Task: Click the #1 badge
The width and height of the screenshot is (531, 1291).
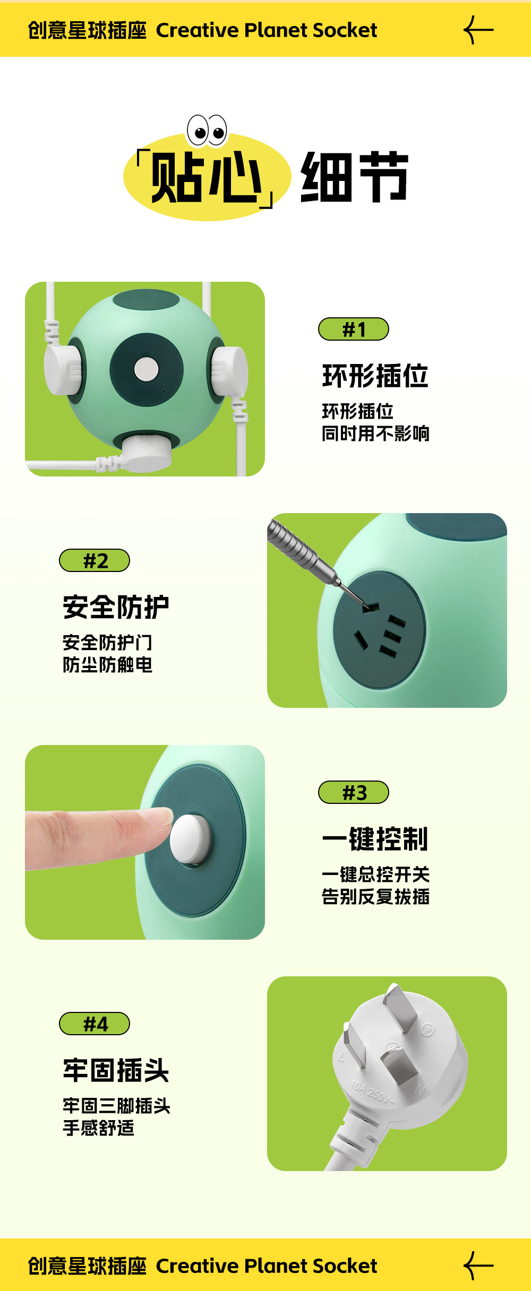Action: pyautogui.click(x=354, y=329)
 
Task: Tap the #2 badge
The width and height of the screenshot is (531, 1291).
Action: pyautogui.click(x=95, y=560)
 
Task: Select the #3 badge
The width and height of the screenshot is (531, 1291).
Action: pyautogui.click(x=354, y=792)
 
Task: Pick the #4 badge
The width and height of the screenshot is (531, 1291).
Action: pyautogui.click(x=95, y=1024)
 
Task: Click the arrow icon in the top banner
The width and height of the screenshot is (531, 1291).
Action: pyautogui.click(x=478, y=30)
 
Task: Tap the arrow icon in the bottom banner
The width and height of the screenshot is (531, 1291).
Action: pyautogui.click(x=478, y=1266)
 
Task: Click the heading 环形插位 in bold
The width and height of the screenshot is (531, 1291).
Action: pyautogui.click(x=375, y=376)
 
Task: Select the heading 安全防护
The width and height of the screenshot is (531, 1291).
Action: pyautogui.click(x=116, y=607)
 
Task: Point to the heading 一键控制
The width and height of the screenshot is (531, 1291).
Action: pyautogui.click(x=375, y=839)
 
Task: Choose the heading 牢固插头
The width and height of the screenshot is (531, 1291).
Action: pyautogui.click(x=116, y=1070)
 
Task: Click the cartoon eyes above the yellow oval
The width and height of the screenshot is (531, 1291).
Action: pyautogui.click(x=207, y=130)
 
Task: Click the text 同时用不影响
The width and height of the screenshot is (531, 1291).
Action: pyautogui.click(x=375, y=434)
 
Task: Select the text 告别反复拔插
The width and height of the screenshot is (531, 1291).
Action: pyautogui.click(x=375, y=897)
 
